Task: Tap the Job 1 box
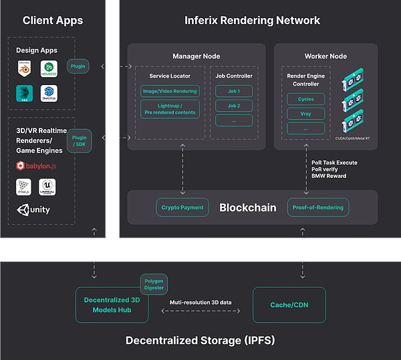click(234, 91)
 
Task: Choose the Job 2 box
click(234, 106)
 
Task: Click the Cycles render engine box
click(305, 99)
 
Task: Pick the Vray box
click(305, 114)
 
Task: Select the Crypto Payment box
click(182, 207)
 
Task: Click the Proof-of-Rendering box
click(318, 207)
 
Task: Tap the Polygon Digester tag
click(154, 283)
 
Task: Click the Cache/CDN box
click(289, 305)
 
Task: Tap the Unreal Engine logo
click(47, 187)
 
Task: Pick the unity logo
click(33, 210)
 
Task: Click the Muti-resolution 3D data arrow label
click(200, 303)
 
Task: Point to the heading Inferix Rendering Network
click(252, 20)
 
